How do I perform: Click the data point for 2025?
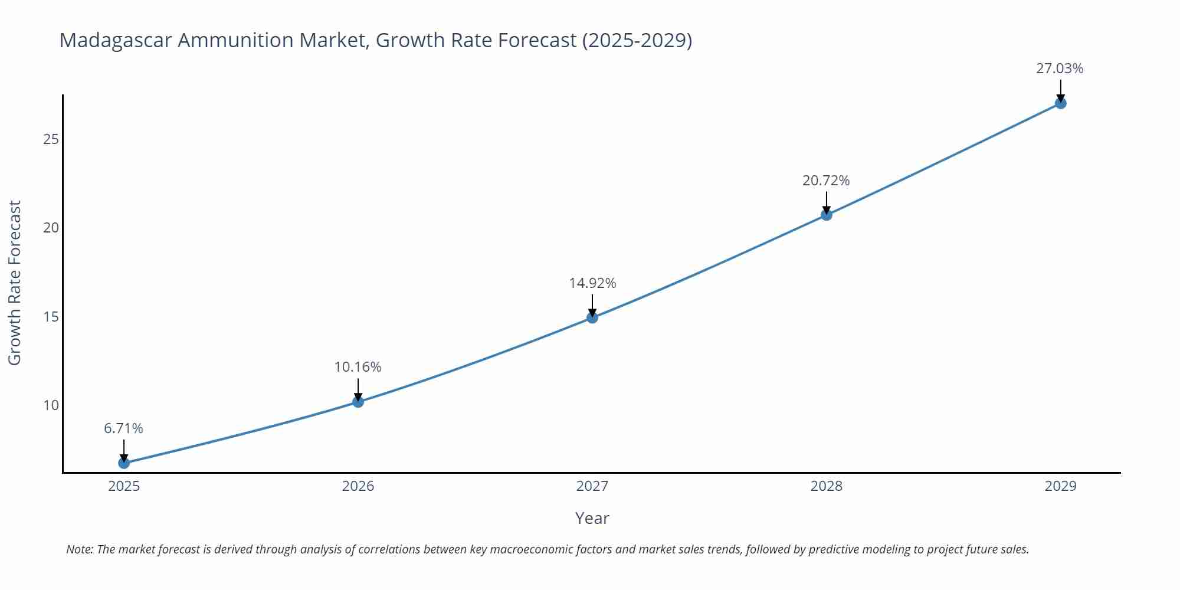124,463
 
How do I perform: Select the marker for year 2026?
358,402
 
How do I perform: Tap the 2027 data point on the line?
592,317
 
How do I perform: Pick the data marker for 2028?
827,215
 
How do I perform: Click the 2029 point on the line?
1060,103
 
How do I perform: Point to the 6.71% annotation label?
124,428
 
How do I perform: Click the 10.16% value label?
358,367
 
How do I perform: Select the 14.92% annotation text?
592,283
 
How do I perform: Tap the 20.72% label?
826,181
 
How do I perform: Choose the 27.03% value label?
1060,68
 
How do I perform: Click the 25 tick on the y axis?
51,139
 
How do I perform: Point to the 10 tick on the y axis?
51,405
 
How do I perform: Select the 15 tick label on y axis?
51,317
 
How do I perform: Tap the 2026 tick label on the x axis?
358,486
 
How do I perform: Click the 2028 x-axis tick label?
827,486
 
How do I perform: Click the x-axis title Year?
592,518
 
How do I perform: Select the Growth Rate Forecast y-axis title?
14,283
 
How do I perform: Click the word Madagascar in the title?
116,40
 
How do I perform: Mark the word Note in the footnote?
79,549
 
